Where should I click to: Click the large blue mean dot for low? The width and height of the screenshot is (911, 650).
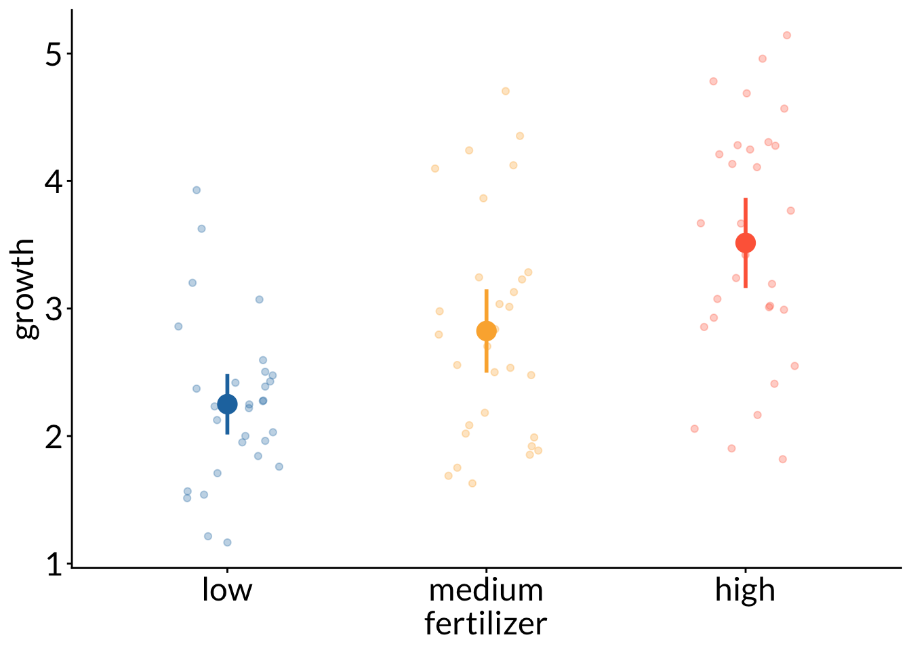[x=227, y=404]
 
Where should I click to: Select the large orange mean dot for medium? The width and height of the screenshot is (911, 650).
[x=486, y=331]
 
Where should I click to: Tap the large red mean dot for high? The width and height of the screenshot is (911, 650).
[x=746, y=243]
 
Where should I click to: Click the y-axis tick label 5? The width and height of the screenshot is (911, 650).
[x=54, y=54]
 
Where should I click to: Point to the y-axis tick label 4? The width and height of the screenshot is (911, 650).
[x=54, y=181]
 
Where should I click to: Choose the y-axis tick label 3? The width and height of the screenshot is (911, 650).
[x=54, y=309]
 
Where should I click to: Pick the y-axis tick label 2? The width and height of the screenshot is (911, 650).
[x=54, y=436]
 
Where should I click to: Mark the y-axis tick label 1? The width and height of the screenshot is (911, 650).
[x=54, y=563]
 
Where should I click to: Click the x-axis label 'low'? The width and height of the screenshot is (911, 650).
[x=227, y=590]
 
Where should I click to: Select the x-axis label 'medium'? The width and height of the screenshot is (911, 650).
[x=486, y=590]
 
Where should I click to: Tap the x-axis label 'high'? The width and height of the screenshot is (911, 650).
[x=745, y=590]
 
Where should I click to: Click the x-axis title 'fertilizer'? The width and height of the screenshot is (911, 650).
[x=486, y=624]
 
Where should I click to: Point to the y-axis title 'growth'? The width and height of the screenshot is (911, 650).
[x=25, y=288]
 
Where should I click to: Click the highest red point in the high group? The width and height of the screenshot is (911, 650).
[x=787, y=35]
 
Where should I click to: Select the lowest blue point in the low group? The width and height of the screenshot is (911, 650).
[x=228, y=542]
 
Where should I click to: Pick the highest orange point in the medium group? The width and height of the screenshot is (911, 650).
[x=506, y=91]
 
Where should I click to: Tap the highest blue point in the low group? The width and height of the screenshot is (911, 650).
[x=197, y=190]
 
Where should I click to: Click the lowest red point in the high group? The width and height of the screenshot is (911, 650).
[x=783, y=459]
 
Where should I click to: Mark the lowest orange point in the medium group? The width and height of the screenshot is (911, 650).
[x=472, y=483]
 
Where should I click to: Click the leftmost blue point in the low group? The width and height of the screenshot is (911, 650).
[x=178, y=326]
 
